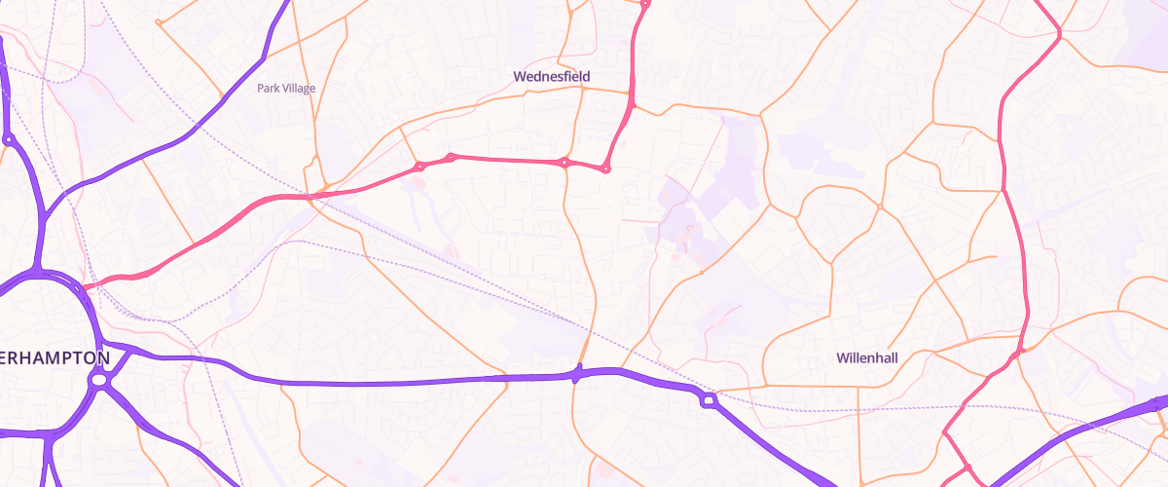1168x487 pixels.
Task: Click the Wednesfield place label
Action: tap(552, 75)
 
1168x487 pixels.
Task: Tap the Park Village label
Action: tap(286, 88)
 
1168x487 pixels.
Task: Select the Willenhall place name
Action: tap(866, 357)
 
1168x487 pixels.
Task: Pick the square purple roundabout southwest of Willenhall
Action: tap(708, 398)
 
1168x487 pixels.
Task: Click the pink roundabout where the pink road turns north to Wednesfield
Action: tap(605, 169)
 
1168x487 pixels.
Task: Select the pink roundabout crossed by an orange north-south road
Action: tap(564, 162)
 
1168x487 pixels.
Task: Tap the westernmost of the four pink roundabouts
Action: tap(420, 167)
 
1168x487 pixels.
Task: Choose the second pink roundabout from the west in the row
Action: tap(451, 157)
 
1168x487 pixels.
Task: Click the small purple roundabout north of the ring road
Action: tap(9, 140)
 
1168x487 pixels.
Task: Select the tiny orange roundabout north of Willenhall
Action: tap(879, 206)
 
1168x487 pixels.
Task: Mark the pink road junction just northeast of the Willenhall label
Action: tap(1018, 352)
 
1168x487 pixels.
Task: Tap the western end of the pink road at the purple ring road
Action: tap(84, 286)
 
